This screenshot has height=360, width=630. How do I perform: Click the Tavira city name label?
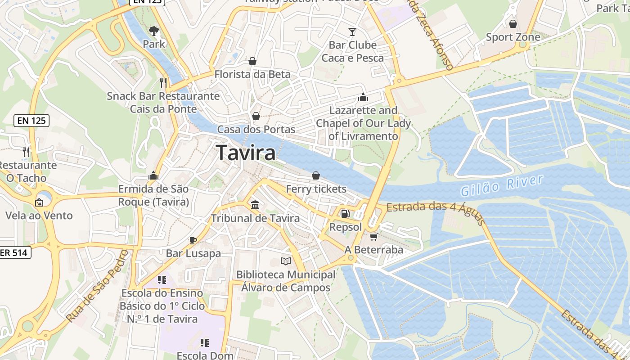(246, 153)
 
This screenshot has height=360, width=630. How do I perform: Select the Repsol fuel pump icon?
(345, 214)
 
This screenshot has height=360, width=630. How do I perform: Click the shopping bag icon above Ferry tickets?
(316, 175)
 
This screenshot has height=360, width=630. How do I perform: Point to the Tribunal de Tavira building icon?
(255, 205)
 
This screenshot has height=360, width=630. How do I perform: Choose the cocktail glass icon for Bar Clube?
(352, 31)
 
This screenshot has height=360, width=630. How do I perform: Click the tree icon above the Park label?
(154, 31)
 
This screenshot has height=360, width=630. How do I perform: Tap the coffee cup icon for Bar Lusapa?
(193, 240)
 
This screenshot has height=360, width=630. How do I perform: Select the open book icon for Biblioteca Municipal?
(286, 261)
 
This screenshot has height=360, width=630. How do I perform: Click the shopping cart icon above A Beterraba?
(373, 236)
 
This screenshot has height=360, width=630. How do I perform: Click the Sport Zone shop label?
(513, 37)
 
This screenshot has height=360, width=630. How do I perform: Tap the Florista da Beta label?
(252, 74)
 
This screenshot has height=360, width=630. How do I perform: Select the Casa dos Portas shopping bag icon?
(256, 116)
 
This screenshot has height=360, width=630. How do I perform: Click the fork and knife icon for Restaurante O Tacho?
(27, 152)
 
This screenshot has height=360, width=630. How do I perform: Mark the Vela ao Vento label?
(39, 216)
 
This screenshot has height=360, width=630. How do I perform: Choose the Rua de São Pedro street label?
(97, 286)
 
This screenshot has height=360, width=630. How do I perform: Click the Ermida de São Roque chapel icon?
(153, 175)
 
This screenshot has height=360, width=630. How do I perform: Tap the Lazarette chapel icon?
(363, 97)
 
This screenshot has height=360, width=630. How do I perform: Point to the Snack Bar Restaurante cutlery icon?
(163, 82)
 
